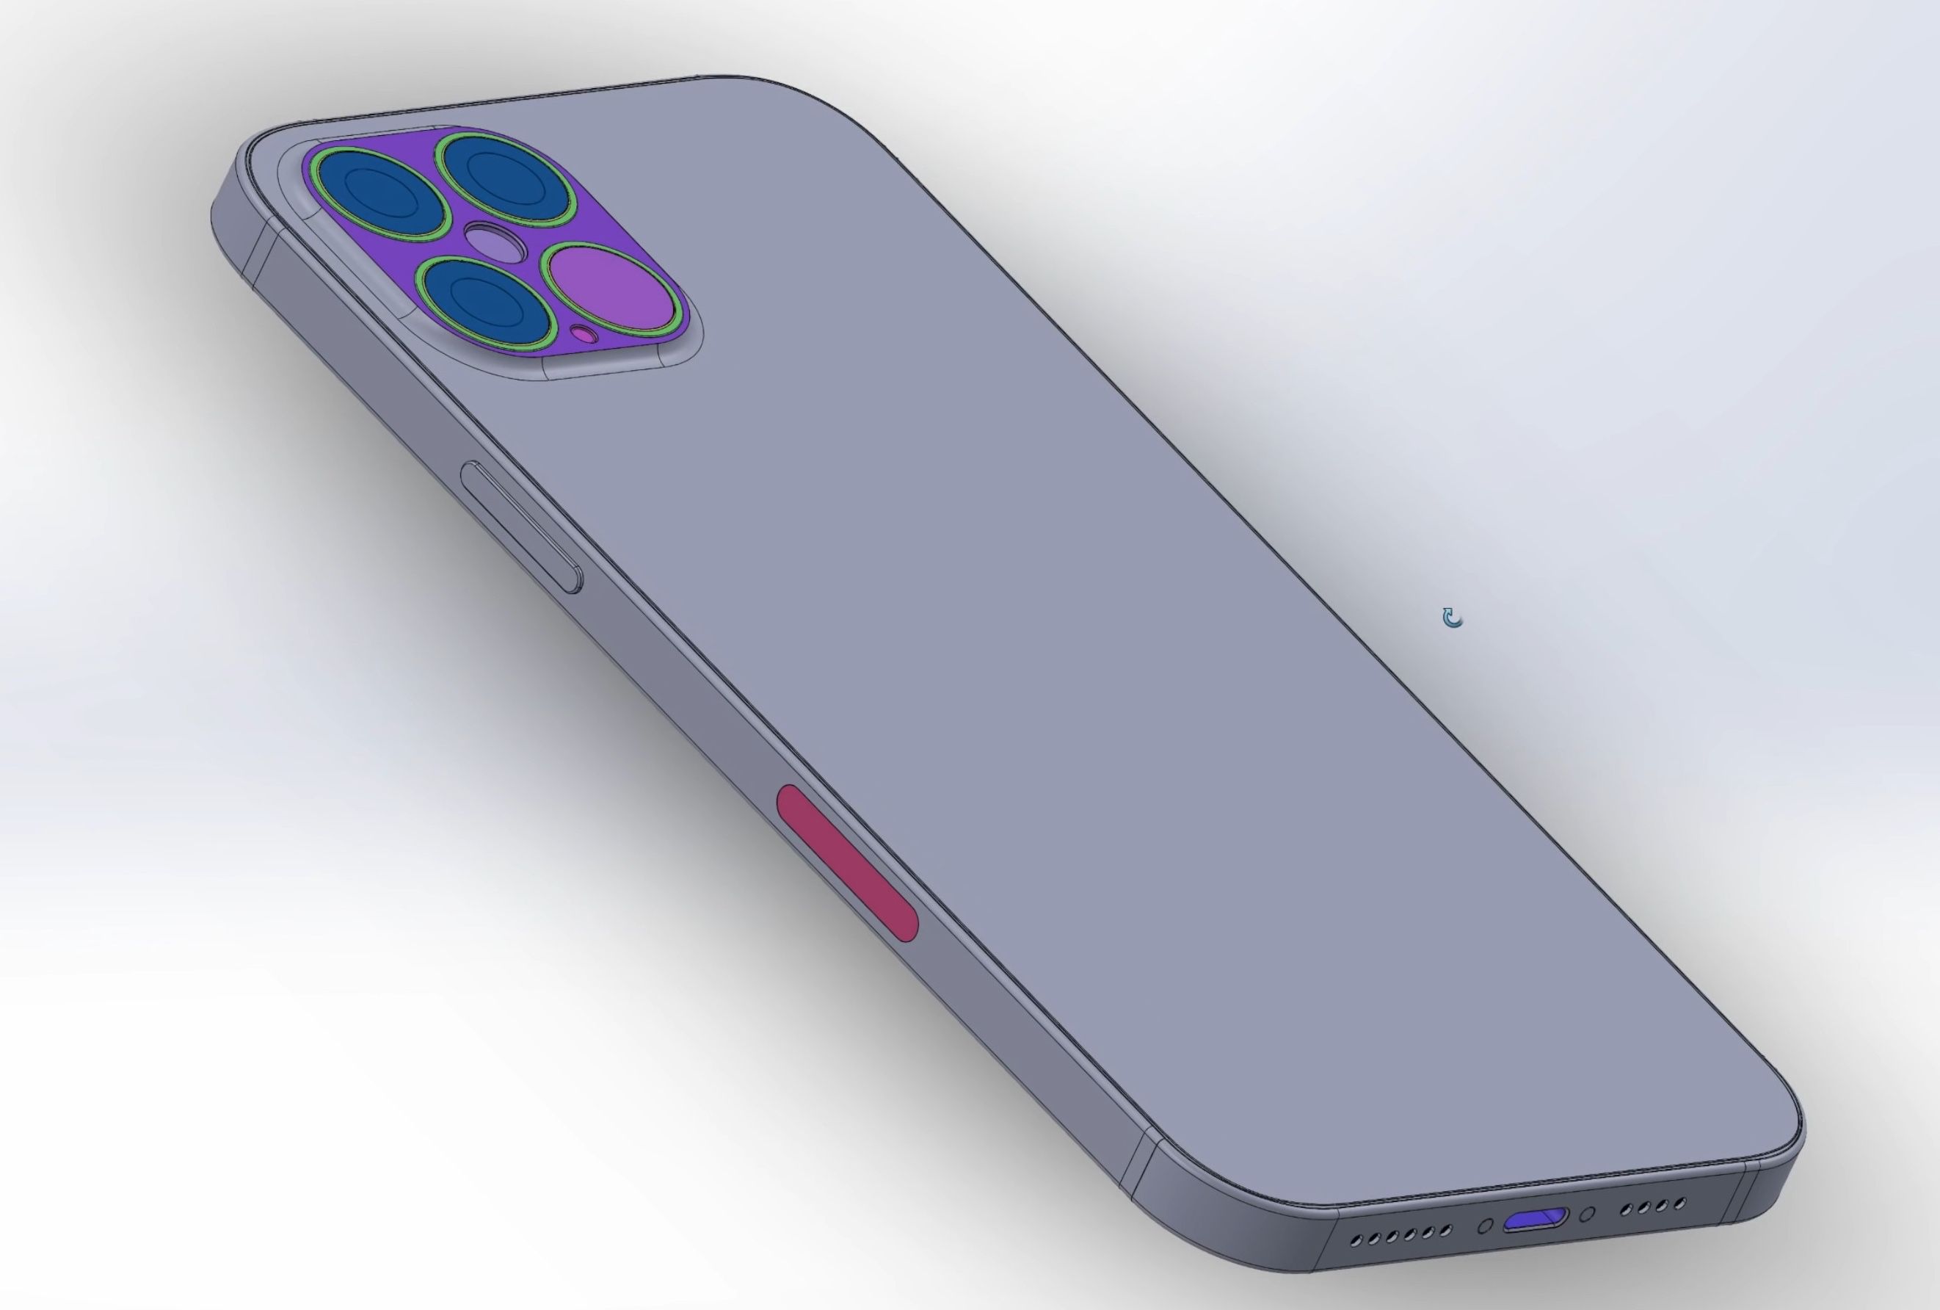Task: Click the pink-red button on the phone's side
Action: point(847,863)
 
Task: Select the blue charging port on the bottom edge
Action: point(1534,1220)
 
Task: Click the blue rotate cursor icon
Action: point(1453,618)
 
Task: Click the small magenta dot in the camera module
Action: point(584,336)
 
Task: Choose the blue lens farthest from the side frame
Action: point(509,178)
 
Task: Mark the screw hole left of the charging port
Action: point(1486,1226)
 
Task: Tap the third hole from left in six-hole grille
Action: point(1392,1237)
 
